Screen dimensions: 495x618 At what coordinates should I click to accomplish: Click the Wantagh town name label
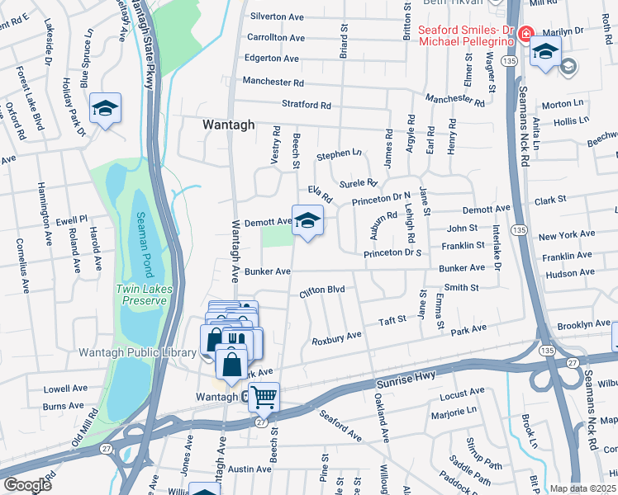coord(226,124)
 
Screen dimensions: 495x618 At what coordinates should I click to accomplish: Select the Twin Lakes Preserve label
coord(141,295)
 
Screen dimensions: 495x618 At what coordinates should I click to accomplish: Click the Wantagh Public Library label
coord(137,352)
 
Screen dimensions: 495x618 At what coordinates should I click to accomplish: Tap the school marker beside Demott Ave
coord(307,220)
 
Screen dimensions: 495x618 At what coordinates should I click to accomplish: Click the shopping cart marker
coord(264,397)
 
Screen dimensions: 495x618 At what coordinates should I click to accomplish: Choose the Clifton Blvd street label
coord(321,290)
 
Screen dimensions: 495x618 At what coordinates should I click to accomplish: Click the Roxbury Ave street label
coord(336,339)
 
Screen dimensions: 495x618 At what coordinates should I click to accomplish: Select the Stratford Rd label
coord(306,106)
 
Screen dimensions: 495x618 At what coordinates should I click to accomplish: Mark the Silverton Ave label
coord(278,16)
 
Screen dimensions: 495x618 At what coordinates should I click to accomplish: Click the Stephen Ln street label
coord(340,153)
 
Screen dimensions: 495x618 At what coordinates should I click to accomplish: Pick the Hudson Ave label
coord(570,273)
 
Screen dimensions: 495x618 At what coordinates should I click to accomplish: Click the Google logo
coord(27,484)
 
